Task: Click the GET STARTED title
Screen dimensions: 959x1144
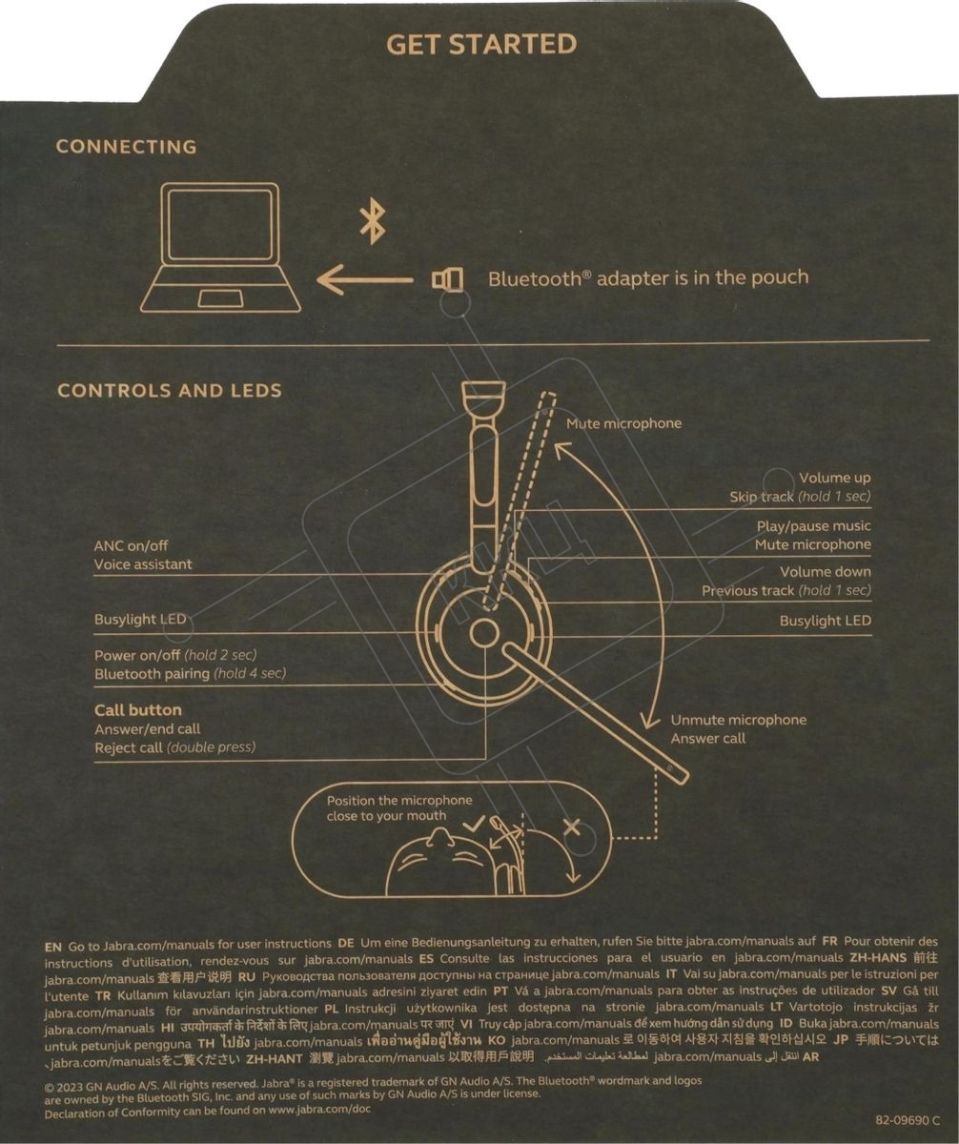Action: coord(481,45)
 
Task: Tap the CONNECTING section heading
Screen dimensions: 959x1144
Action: coord(126,146)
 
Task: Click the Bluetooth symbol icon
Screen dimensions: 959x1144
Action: coord(373,220)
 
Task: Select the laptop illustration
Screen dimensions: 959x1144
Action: coord(220,247)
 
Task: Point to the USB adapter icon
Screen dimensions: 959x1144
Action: coord(447,279)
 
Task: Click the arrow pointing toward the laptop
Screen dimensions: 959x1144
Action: coord(365,279)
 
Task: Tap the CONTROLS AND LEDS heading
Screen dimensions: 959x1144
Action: coord(170,390)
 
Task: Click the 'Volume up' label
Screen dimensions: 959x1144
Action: coord(835,478)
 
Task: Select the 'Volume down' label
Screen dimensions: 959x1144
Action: coord(826,571)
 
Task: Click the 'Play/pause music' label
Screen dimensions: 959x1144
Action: coord(814,526)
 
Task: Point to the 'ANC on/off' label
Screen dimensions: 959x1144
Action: coord(131,545)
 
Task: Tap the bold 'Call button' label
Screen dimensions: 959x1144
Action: coord(137,710)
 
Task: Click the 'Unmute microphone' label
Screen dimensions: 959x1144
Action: coord(738,720)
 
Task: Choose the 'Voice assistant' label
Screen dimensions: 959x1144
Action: coord(143,564)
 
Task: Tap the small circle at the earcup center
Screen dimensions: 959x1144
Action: coord(484,633)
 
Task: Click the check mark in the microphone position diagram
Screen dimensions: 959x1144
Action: coord(474,824)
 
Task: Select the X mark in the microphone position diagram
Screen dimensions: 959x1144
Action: coord(572,827)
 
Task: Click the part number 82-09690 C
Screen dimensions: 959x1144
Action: coord(907,1120)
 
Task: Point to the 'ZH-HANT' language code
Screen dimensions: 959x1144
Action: coord(274,1058)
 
